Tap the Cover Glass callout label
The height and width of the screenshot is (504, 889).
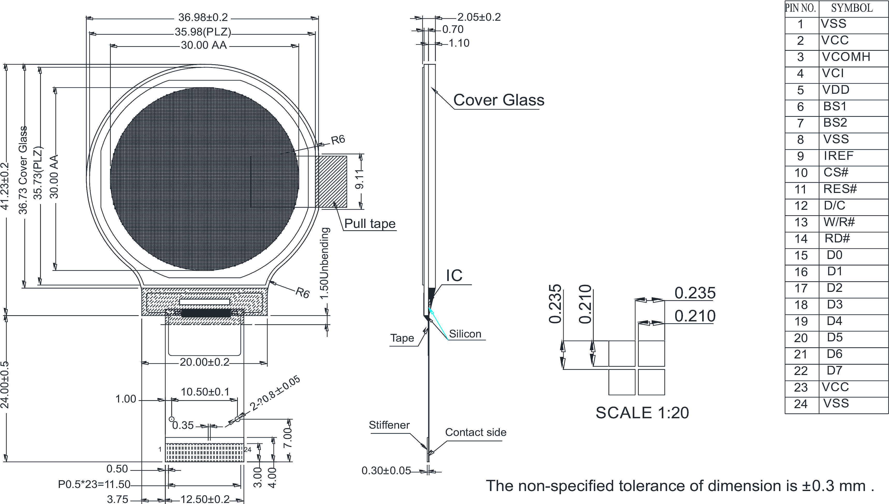click(x=498, y=100)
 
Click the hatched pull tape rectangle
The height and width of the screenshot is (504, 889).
click(x=331, y=182)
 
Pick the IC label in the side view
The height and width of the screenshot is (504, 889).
click(x=454, y=276)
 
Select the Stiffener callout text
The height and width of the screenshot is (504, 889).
click(x=389, y=425)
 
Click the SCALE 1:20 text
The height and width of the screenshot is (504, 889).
click(x=642, y=413)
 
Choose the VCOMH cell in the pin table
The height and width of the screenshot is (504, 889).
click(x=846, y=57)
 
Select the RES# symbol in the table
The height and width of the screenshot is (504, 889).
click(x=840, y=189)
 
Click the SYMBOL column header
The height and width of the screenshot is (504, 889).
click(x=852, y=8)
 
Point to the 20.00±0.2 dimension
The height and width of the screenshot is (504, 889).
click(x=204, y=362)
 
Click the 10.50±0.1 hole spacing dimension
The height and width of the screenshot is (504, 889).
click(x=205, y=392)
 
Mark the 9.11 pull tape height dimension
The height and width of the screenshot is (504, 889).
click(x=359, y=179)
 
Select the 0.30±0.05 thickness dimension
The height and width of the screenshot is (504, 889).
click(x=386, y=471)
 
